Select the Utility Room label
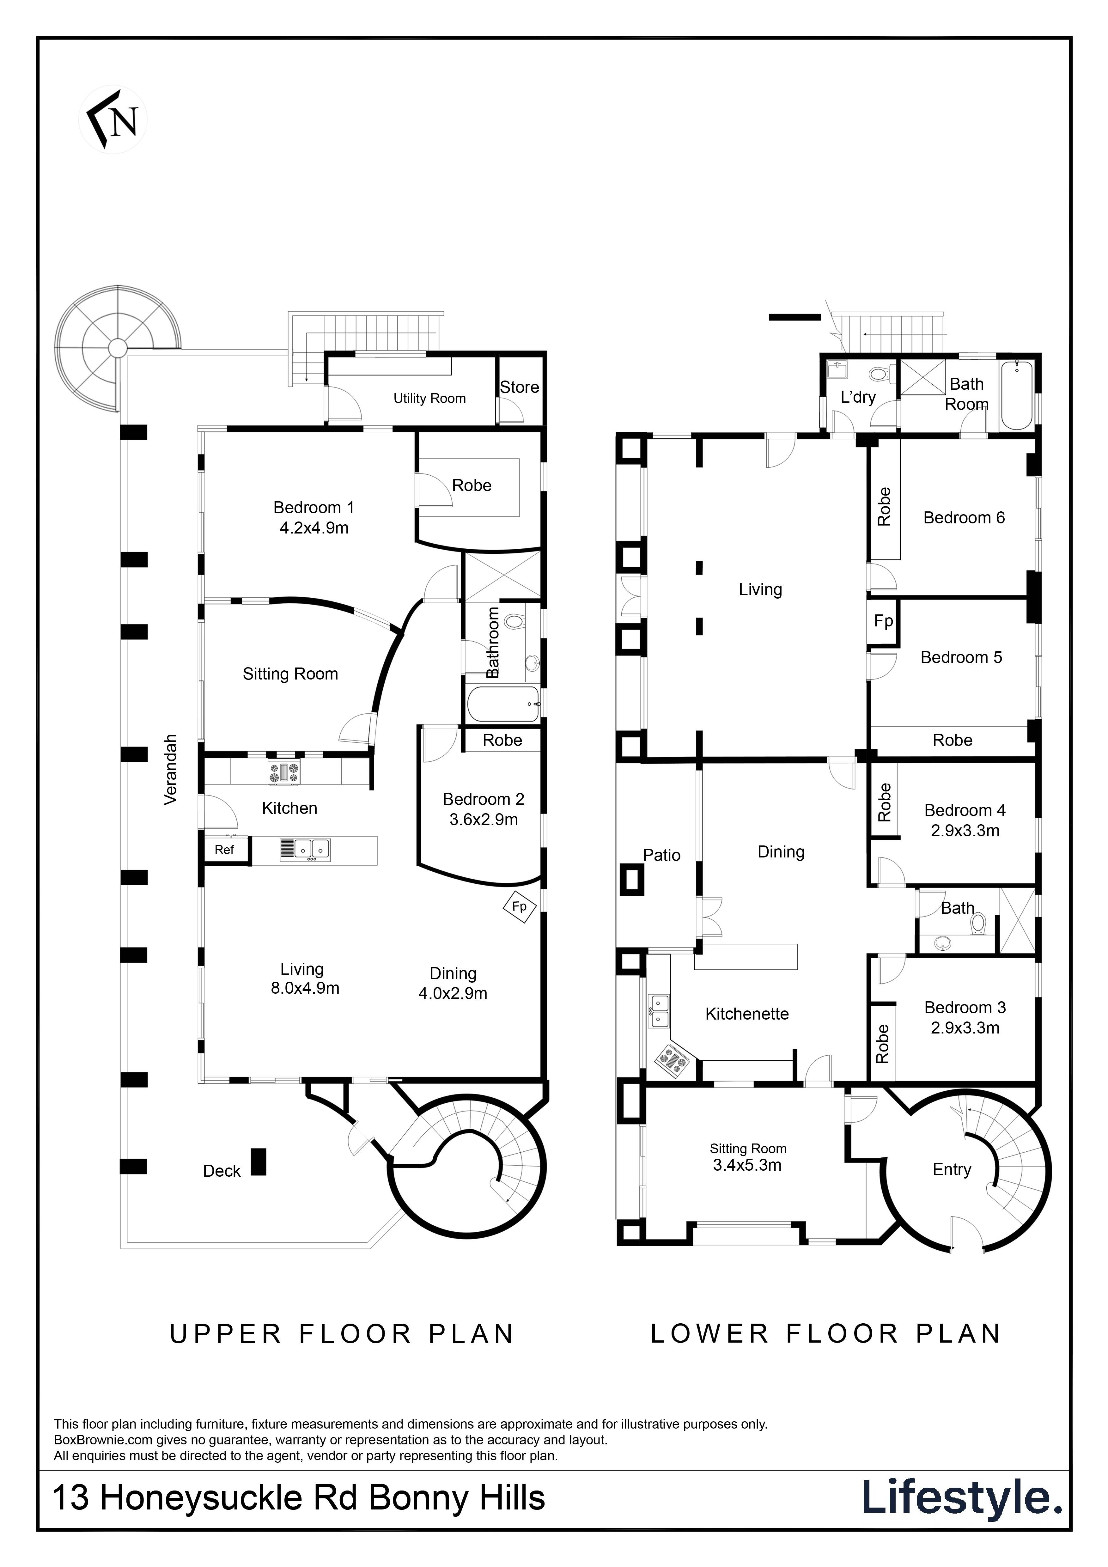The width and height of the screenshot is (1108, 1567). [x=429, y=399]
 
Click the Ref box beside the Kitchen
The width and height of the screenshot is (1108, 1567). [x=224, y=850]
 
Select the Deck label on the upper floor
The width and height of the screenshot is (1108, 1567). [x=222, y=1171]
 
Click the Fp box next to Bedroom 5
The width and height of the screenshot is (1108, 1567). [x=883, y=621]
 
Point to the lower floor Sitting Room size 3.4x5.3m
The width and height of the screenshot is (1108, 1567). [x=747, y=1165]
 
